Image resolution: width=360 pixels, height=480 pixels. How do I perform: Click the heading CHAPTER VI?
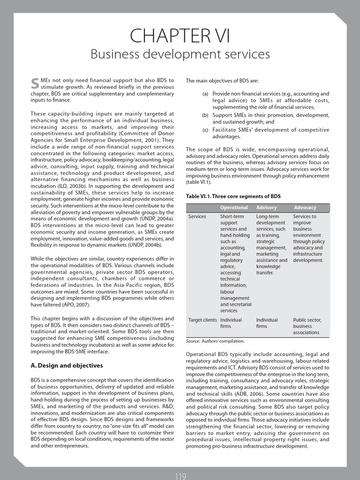click(180, 35)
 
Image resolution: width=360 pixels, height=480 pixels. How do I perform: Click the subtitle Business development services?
click(180, 55)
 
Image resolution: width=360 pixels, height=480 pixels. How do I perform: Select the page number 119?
click(180, 476)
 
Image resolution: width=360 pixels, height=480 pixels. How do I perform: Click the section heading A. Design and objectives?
click(67, 365)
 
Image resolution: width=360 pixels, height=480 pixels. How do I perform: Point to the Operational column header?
click(234, 207)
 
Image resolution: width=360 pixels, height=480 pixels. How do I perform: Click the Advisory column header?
click(267, 207)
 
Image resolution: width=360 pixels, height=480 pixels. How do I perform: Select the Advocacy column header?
click(305, 207)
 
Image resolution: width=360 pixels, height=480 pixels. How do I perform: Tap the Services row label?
click(197, 217)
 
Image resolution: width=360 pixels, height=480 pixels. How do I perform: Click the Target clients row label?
click(202, 320)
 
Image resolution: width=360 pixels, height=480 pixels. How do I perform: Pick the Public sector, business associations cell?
click(307, 326)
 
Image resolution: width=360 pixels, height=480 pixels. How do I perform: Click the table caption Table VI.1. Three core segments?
click(233, 196)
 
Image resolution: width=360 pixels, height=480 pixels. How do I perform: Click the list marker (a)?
click(205, 94)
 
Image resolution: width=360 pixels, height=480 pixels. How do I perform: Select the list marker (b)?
click(205, 115)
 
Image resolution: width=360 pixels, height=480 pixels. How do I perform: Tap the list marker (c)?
click(205, 130)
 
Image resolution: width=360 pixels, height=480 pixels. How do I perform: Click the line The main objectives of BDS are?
click(218, 81)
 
